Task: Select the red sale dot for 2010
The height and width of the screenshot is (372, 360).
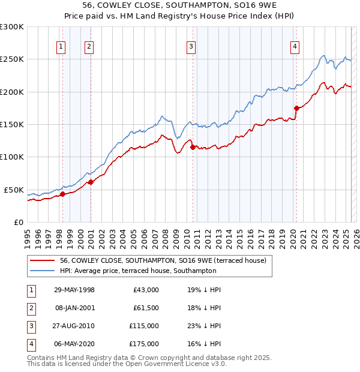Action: tap(193, 146)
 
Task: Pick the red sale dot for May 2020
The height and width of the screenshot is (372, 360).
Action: tap(296, 108)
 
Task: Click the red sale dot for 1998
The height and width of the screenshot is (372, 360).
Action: tap(62, 194)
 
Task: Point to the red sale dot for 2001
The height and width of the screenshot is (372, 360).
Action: tap(91, 182)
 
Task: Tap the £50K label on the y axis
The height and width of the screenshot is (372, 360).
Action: tap(14, 190)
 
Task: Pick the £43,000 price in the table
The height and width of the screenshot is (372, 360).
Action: tap(146, 290)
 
